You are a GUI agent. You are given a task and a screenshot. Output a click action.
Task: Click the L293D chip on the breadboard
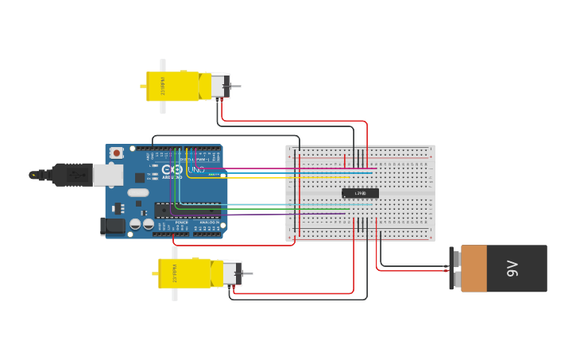(360, 193)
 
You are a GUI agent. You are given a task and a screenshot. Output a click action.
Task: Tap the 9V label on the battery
(512, 269)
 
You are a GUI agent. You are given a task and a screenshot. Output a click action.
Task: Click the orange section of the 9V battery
(474, 269)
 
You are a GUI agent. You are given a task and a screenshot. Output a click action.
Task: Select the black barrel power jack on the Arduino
(114, 226)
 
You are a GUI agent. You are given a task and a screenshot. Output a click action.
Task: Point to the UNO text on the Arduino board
(195, 169)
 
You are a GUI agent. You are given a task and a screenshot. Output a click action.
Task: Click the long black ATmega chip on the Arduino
(187, 210)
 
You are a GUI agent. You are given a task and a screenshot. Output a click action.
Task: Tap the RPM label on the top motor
(164, 86)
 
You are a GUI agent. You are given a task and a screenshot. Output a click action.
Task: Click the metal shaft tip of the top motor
(237, 86)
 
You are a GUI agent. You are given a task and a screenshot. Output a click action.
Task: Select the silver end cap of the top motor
(218, 86)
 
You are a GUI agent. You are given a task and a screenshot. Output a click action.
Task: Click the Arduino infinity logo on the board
(171, 169)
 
